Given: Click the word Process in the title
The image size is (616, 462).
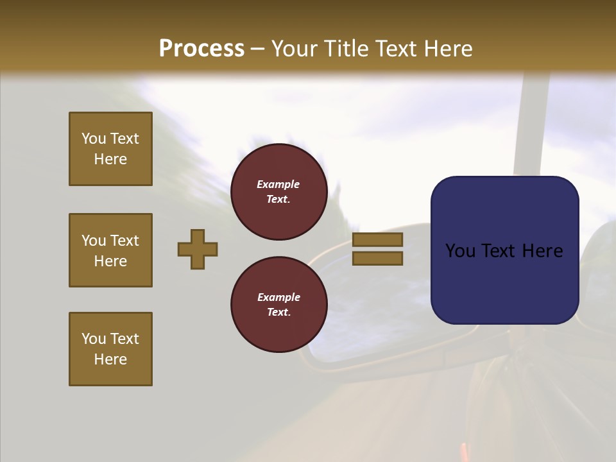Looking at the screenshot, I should (x=201, y=49).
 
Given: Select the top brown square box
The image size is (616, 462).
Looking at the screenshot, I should (x=110, y=149).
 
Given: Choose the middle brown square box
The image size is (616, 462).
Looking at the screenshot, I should (x=110, y=250).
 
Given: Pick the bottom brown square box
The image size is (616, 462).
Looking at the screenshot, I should (x=110, y=349).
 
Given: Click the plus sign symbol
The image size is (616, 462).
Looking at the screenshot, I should (x=198, y=249).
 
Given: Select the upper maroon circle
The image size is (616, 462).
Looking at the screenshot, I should (x=278, y=192).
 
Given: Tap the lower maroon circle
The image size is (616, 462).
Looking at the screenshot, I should (x=278, y=305).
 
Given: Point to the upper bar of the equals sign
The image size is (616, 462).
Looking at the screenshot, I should (x=377, y=240).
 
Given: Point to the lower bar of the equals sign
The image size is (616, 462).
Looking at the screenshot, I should (x=377, y=259).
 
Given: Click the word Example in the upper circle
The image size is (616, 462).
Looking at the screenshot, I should (x=278, y=184).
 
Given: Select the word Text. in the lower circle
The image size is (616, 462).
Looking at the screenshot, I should (x=278, y=312).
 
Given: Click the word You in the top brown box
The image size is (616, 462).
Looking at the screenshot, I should (x=94, y=139).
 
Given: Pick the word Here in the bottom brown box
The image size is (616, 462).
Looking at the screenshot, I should (x=110, y=359).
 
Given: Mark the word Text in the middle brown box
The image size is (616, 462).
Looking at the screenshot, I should (x=124, y=241).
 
